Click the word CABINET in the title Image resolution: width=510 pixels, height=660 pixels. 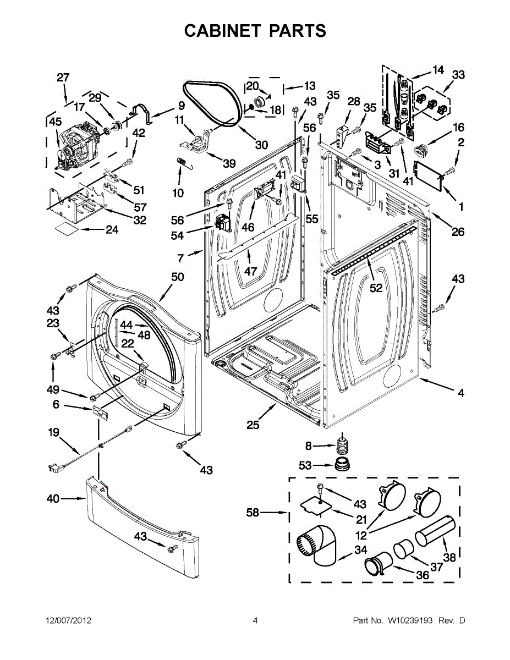[222, 31]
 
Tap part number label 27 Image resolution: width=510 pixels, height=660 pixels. [63, 78]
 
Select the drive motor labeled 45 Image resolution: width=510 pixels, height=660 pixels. [78, 147]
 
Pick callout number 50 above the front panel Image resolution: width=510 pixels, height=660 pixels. [178, 277]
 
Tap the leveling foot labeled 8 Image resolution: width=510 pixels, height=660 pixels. [342, 446]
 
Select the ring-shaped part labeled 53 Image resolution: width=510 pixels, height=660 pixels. [342, 465]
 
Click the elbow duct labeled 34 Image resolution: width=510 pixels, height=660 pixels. [317, 546]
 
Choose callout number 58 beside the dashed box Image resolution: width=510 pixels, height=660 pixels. [253, 513]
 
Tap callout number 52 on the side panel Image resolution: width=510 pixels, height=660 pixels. [376, 288]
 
